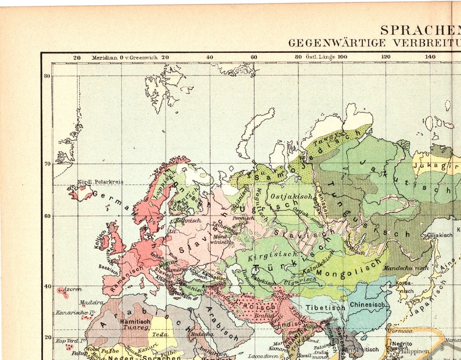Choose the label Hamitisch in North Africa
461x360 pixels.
(135, 321)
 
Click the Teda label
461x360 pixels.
(160, 334)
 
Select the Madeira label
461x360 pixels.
(91, 302)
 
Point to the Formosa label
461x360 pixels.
(401, 331)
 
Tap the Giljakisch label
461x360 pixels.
(439, 235)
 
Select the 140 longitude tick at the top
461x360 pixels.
(430, 57)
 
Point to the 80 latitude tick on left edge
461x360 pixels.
(46, 75)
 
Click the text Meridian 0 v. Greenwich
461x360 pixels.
(121, 57)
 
